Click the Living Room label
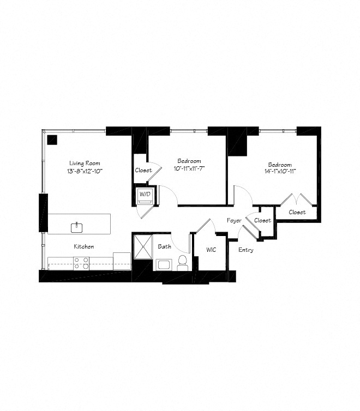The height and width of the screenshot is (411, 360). [x=85, y=163]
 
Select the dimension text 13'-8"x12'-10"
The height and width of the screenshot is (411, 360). [x=85, y=171]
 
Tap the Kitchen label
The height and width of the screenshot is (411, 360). [x=84, y=246]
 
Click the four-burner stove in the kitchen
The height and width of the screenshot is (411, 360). [x=82, y=263]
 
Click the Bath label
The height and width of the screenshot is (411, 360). [x=164, y=246]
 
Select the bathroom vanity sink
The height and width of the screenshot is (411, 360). [x=164, y=265]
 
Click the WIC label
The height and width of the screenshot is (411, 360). [x=212, y=250]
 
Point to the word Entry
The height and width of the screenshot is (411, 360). [x=246, y=250]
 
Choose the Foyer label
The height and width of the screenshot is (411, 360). [x=235, y=220]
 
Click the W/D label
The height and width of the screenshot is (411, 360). [x=145, y=194]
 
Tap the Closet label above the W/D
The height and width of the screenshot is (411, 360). [x=143, y=170]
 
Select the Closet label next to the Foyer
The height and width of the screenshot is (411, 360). [x=262, y=220]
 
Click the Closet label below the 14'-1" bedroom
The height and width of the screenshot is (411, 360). [x=297, y=212]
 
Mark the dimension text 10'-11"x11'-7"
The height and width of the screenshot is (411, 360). [x=189, y=169]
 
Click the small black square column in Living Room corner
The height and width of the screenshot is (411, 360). [x=52, y=138]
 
